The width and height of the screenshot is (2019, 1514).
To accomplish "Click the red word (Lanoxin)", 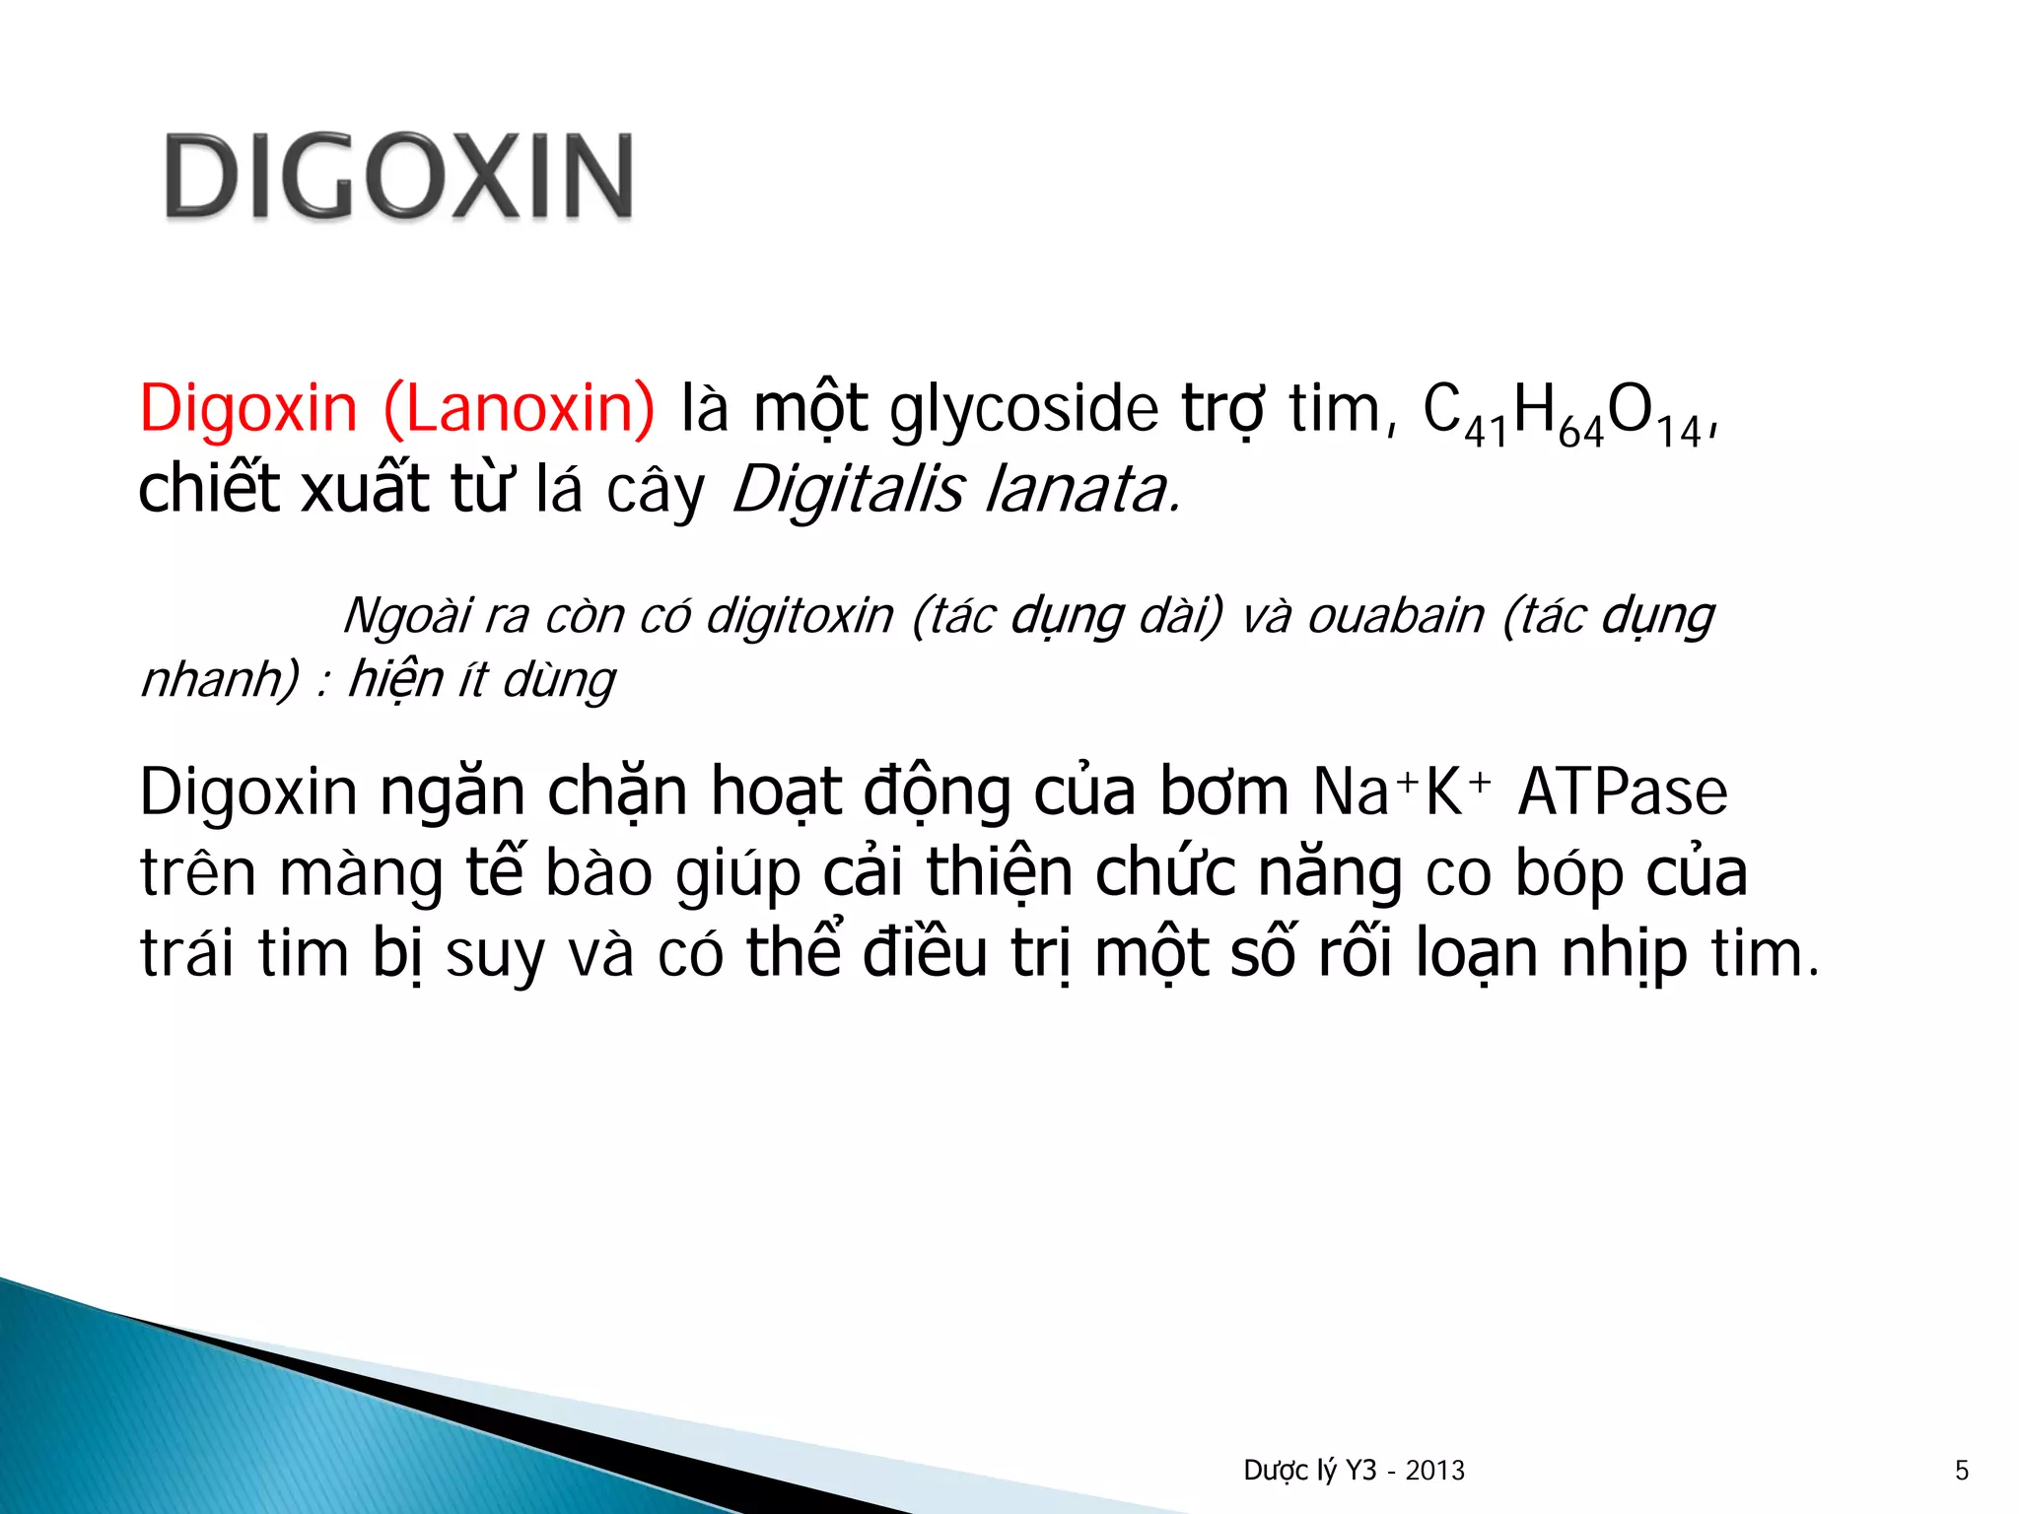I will pyautogui.click(x=519, y=408).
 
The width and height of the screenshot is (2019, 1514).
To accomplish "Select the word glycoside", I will pyautogui.click(x=1023, y=410).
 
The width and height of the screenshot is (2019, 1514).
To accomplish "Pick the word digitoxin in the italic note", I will pyautogui.click(x=800, y=616).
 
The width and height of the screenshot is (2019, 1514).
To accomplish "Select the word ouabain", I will pyautogui.click(x=1395, y=616).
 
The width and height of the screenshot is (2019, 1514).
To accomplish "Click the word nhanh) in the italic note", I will pyautogui.click(x=220, y=679).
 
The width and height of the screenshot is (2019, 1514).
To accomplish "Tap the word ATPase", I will pyautogui.click(x=1622, y=791).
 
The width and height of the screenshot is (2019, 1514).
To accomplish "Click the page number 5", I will pyautogui.click(x=1962, y=1471).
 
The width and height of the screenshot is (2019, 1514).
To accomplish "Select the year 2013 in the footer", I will pyautogui.click(x=1435, y=1471).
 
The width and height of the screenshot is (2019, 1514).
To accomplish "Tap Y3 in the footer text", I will pyautogui.click(x=1360, y=1471).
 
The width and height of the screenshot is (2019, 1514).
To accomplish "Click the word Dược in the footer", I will pyautogui.click(x=1276, y=1471).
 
